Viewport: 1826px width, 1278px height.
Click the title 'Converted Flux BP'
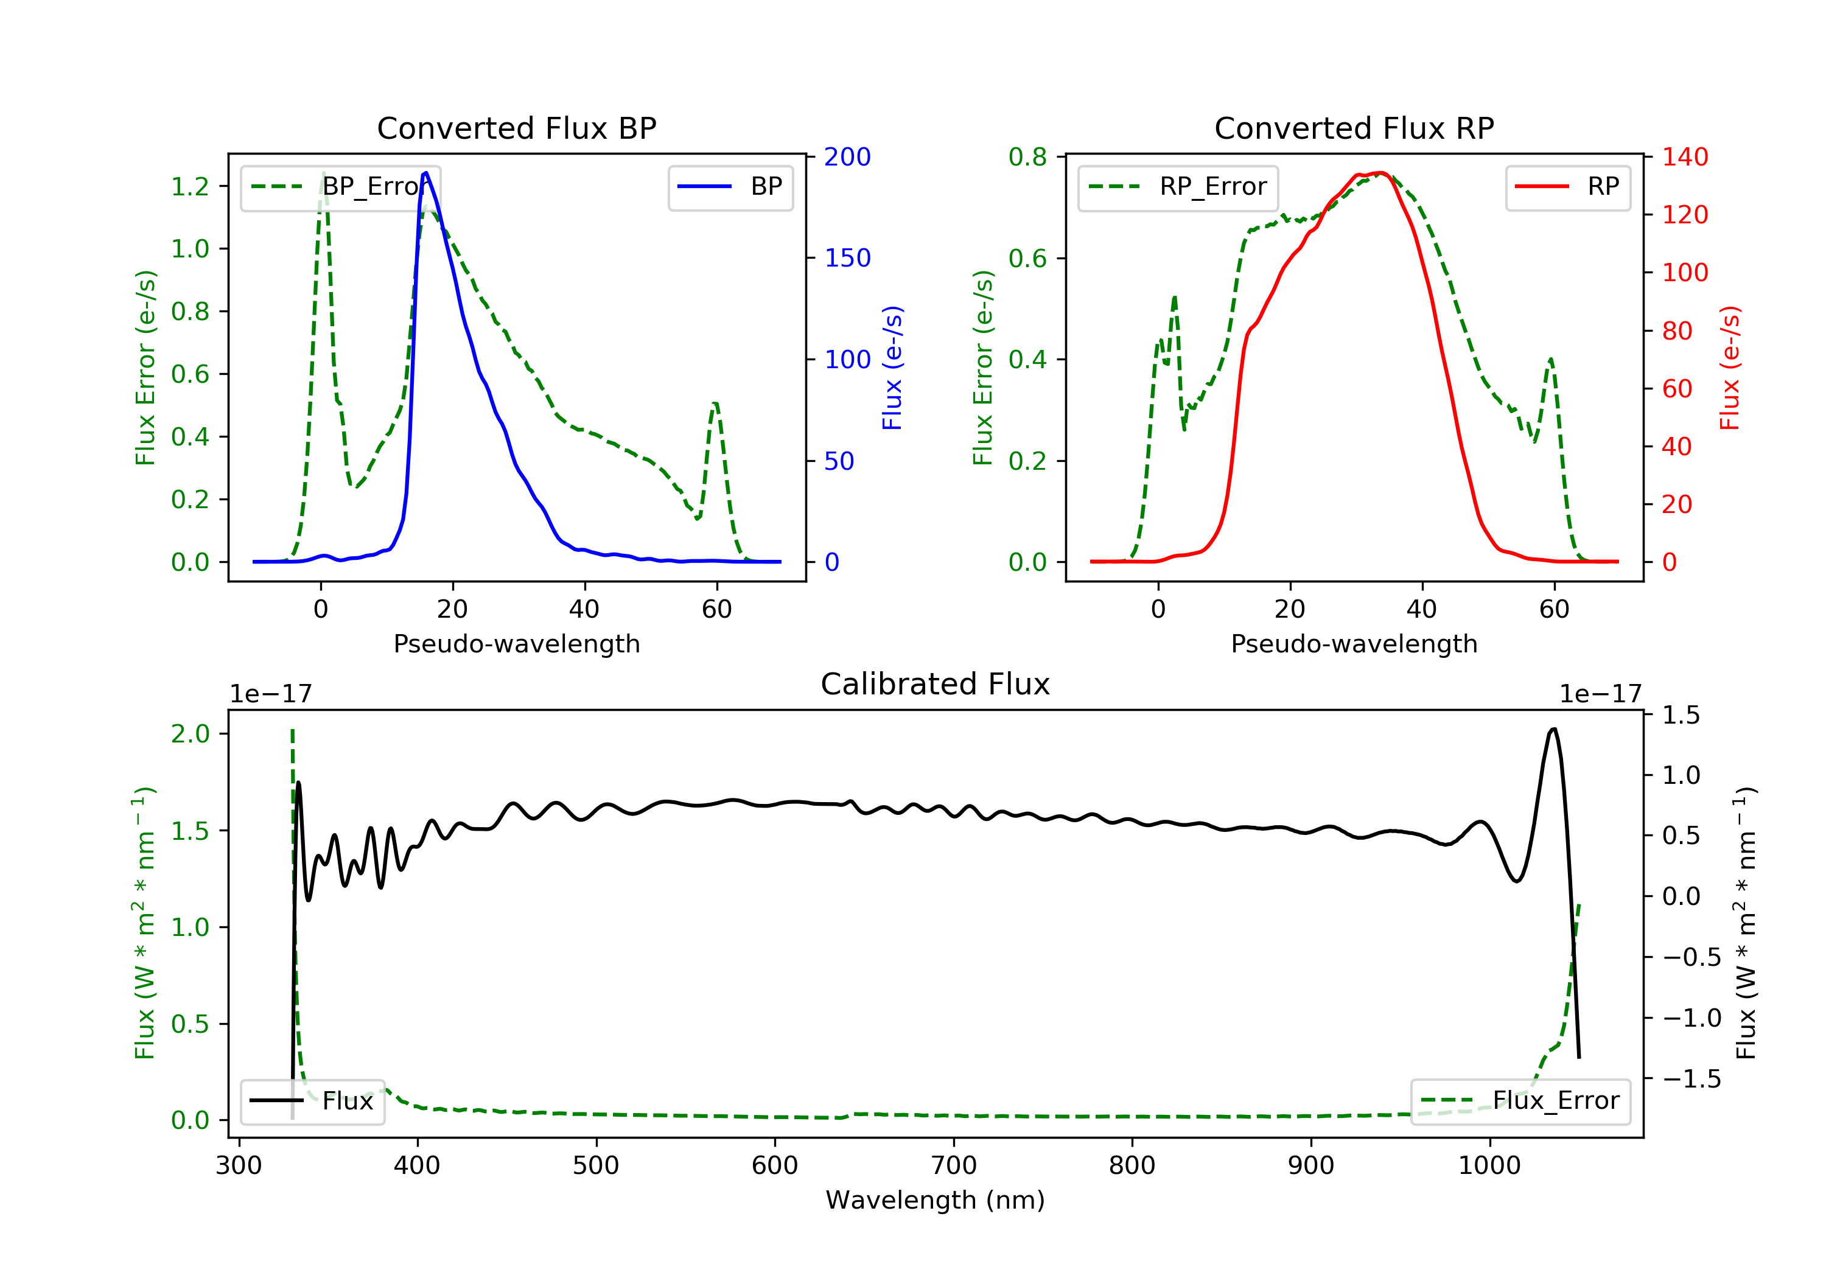[516, 128]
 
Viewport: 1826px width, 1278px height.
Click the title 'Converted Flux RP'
[1354, 128]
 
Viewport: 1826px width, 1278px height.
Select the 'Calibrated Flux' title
[936, 684]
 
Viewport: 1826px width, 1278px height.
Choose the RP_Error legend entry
[1177, 187]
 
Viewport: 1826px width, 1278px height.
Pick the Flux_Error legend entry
[1520, 1101]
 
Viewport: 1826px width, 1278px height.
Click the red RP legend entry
[1567, 187]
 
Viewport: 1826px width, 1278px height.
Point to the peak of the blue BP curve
[426, 173]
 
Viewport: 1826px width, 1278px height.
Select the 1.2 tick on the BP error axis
[190, 186]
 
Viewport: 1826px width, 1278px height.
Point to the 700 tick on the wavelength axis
[954, 1165]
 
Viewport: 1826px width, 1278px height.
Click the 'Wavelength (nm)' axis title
[936, 1200]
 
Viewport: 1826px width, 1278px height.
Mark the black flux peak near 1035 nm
[1553, 728]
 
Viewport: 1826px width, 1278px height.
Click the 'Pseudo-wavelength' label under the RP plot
[1354, 643]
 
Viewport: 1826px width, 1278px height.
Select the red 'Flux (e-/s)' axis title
[1730, 368]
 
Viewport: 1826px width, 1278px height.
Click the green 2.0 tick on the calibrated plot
[190, 733]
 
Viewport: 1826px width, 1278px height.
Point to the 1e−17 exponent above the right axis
[1601, 694]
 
